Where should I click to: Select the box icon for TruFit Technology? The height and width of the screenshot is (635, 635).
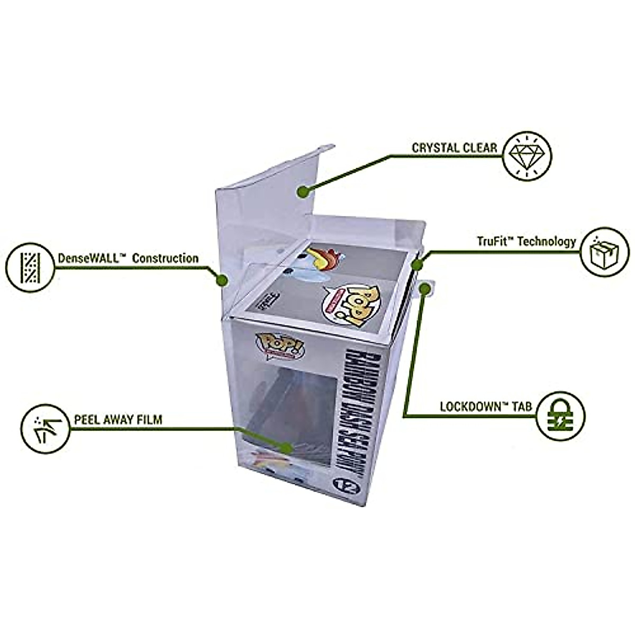point(604,252)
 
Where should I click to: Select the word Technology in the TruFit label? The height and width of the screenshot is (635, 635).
point(546,242)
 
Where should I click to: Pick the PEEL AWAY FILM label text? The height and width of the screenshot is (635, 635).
point(119,420)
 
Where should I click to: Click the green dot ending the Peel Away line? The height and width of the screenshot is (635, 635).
point(287,447)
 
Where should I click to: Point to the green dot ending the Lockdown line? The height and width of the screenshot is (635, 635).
point(424,289)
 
